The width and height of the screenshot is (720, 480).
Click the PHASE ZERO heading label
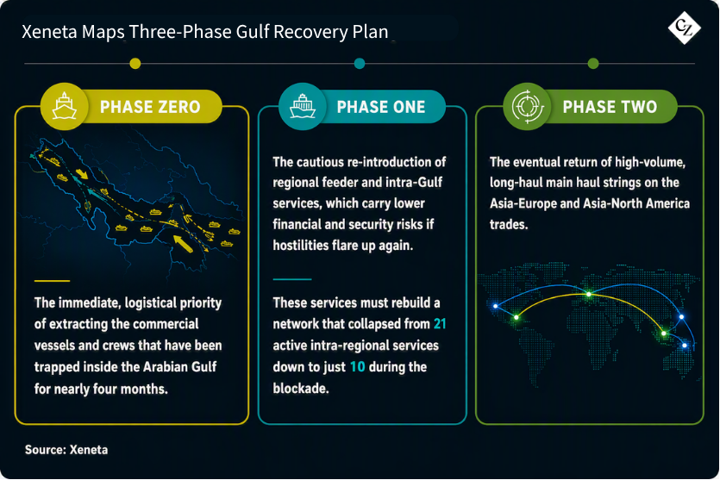(150, 107)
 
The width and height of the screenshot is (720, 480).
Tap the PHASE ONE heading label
(381, 107)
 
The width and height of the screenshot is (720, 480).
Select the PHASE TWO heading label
(610, 107)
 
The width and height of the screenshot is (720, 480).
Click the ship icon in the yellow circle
(65, 106)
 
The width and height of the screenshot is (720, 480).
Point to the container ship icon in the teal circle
(302, 106)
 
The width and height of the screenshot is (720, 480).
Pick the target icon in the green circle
(527, 107)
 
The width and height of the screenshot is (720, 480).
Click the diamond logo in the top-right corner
(684, 28)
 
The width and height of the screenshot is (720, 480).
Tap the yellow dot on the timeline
(135, 63)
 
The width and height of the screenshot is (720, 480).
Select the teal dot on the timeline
(360, 63)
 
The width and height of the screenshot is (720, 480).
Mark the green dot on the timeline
(593, 63)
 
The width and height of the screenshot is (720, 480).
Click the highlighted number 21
(440, 324)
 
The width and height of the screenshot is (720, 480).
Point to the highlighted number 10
(357, 367)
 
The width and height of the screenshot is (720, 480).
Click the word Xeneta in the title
(50, 32)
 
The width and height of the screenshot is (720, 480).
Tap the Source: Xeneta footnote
(66, 450)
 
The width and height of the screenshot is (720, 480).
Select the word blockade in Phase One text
(301, 389)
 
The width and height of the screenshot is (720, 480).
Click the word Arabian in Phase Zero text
(166, 367)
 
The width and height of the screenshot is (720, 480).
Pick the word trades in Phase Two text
(509, 224)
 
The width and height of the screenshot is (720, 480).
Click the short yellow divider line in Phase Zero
(52, 280)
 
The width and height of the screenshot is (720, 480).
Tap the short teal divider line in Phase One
(292, 279)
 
